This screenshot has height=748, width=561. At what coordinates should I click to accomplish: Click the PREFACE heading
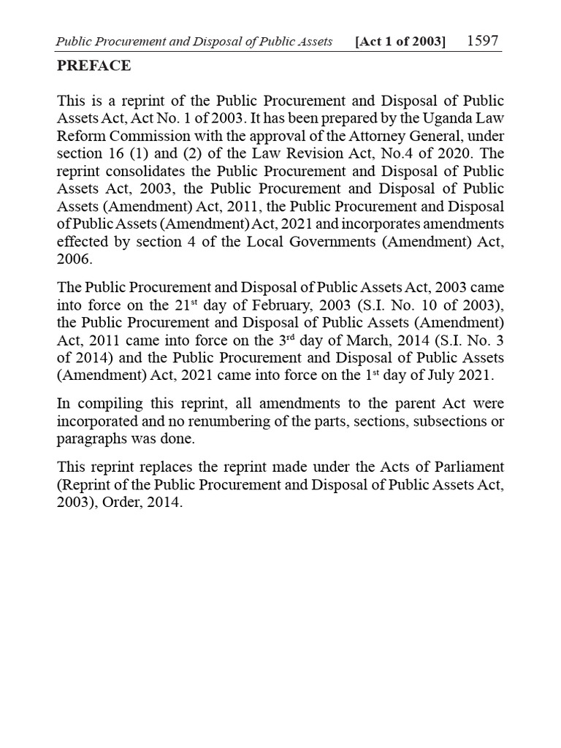pyautogui.click(x=94, y=66)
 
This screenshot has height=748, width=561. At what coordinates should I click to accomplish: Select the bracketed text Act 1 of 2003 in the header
pyautogui.click(x=400, y=42)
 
